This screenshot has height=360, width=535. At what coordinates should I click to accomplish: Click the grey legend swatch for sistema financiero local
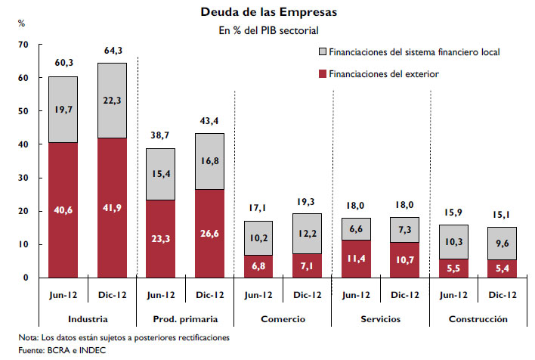point(324,52)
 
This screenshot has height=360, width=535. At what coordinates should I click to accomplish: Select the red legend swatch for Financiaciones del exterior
point(324,73)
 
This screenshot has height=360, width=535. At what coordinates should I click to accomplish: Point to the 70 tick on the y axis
point(23,45)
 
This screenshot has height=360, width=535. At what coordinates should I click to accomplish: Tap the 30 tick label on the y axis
point(23,178)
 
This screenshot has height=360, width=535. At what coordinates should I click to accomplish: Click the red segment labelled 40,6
point(63,209)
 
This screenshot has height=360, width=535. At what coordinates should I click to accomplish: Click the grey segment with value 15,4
point(159,174)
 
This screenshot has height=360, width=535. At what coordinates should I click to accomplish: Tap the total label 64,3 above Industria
point(111,51)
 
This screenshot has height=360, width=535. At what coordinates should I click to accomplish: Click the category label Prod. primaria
point(184,319)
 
